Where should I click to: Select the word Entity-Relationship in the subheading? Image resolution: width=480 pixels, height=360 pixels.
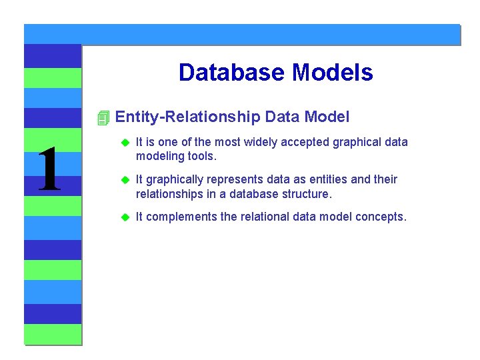click(x=187, y=118)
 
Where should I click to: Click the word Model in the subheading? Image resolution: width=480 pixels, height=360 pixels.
click(x=327, y=118)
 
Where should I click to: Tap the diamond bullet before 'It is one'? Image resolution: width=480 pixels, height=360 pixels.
click(x=124, y=143)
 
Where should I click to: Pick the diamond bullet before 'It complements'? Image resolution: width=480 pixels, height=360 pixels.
click(x=124, y=217)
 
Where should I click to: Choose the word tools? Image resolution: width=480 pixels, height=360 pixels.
click(x=198, y=156)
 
